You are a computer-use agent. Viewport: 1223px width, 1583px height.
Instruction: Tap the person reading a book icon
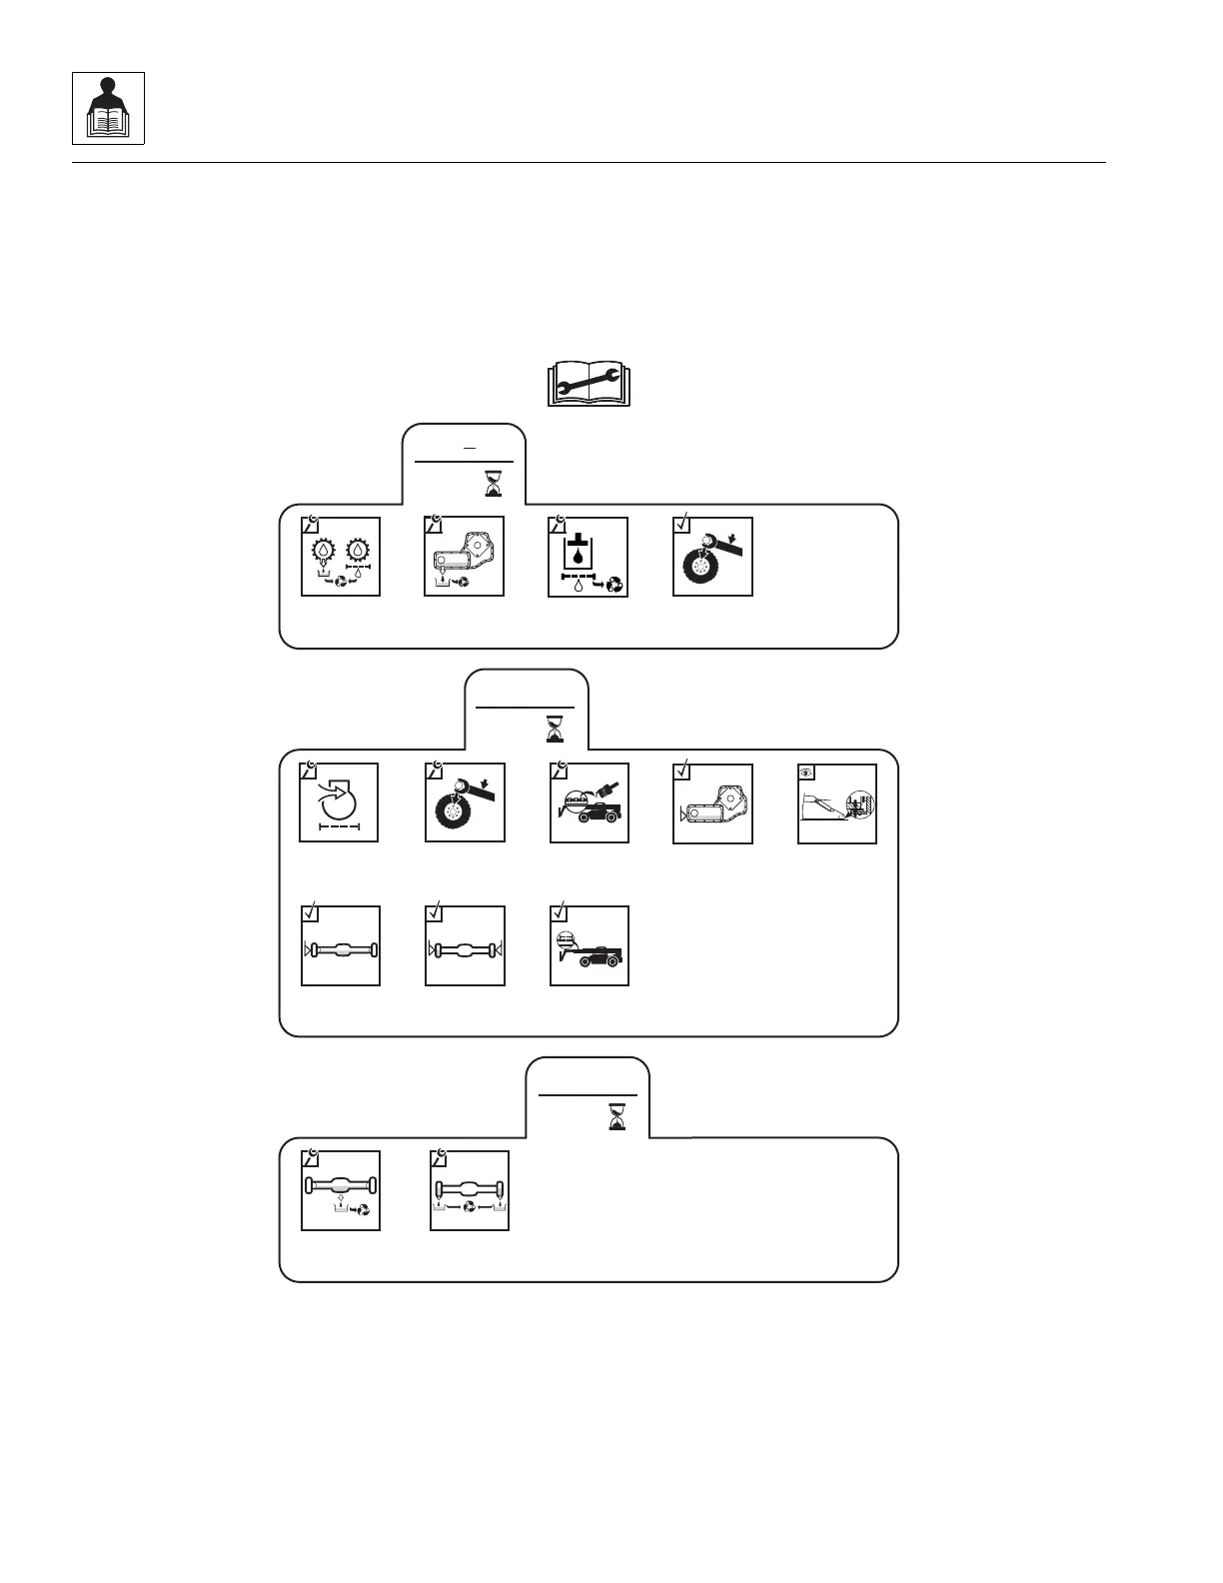[x=108, y=108]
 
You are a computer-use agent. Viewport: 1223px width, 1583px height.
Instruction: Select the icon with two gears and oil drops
[x=341, y=557]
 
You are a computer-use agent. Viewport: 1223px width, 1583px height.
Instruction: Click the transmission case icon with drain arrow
[x=465, y=557]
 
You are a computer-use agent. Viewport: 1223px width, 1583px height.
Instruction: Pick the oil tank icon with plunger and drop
[x=589, y=557]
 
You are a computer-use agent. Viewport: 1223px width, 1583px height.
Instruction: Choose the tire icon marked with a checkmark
[x=712, y=557]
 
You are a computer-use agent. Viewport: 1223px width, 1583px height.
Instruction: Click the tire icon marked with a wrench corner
[x=465, y=802]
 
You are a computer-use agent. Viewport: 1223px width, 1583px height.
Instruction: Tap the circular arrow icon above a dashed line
[x=340, y=802]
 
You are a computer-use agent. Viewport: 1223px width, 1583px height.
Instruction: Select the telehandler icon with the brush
[x=590, y=802]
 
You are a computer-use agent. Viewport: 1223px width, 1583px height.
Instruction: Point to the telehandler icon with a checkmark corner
[x=590, y=945]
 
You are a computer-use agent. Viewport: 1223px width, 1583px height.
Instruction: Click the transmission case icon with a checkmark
[x=712, y=802]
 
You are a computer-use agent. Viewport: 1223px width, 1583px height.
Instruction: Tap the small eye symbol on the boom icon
[x=807, y=772]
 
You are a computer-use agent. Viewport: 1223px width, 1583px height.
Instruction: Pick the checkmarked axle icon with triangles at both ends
[x=465, y=945]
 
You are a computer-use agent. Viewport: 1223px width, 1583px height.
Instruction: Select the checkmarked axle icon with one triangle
[x=341, y=945]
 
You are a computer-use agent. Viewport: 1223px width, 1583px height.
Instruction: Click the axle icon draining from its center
[x=341, y=1190]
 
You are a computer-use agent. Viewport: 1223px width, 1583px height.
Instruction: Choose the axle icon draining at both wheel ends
[x=470, y=1190]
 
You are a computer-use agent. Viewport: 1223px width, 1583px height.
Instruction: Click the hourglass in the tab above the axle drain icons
[x=616, y=1117]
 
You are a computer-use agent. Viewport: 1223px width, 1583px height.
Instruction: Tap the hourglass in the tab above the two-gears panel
[x=493, y=484]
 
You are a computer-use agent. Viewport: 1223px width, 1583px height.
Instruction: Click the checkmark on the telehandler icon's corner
[x=560, y=912]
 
